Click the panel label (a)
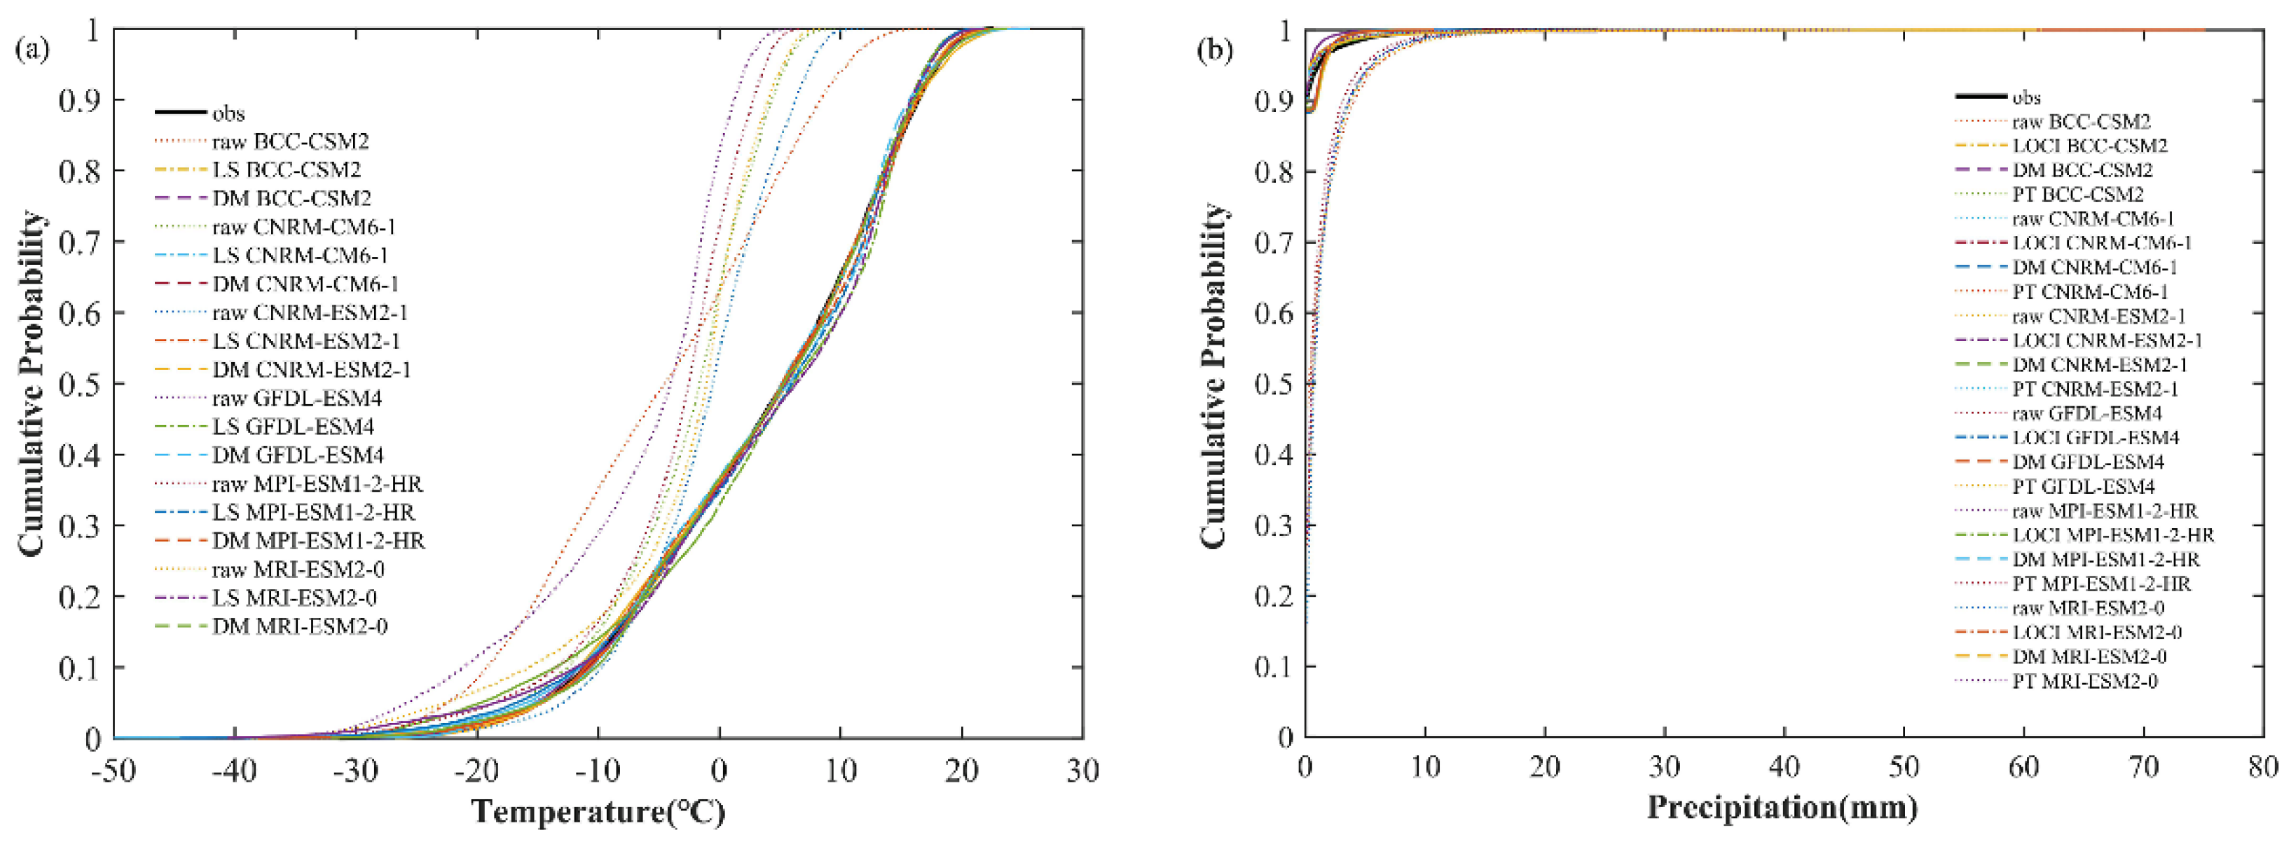[x=32, y=49]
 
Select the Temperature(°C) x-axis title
[x=598, y=812]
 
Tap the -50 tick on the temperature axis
[x=113, y=771]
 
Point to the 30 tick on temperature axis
[x=1082, y=771]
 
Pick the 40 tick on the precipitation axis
[x=1784, y=766]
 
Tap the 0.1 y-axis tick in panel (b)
[x=1274, y=667]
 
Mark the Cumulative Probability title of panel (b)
[x=1213, y=373]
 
